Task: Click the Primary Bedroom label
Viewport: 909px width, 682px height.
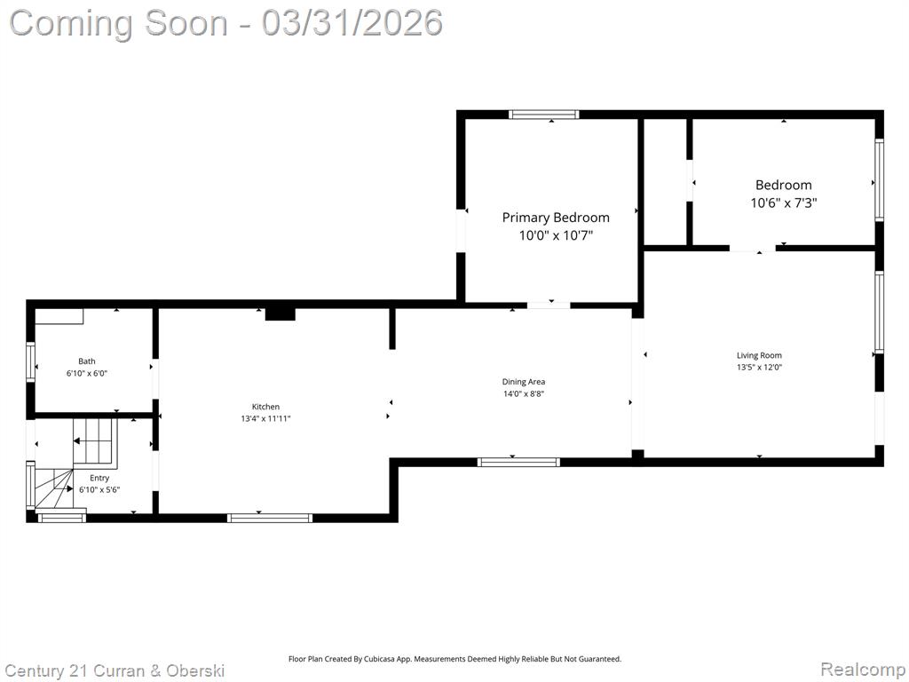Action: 556,218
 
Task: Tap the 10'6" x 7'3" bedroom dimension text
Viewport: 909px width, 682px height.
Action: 783,203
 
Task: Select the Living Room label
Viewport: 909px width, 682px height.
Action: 759,355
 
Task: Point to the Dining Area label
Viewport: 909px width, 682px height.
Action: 524,382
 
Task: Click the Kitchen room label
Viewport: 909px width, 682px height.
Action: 265,407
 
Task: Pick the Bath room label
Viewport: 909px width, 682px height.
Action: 87,361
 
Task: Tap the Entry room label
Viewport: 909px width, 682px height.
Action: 99,478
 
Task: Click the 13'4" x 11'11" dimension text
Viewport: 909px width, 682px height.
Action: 265,419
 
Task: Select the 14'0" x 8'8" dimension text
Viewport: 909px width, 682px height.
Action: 524,393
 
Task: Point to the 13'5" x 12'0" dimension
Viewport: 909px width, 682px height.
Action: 759,367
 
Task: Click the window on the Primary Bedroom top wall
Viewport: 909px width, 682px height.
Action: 544,115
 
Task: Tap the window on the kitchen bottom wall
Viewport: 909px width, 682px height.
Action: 270,518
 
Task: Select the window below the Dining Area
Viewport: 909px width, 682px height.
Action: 518,462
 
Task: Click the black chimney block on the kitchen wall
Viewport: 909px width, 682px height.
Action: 280,313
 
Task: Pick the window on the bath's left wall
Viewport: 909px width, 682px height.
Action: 31,362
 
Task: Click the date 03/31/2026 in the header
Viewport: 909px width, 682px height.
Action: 352,23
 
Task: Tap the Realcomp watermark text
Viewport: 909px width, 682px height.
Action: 863,670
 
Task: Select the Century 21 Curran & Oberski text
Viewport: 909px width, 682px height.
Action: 114,671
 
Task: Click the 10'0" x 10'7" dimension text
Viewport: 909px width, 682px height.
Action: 556,235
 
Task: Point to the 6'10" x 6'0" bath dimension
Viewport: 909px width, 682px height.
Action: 87,374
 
